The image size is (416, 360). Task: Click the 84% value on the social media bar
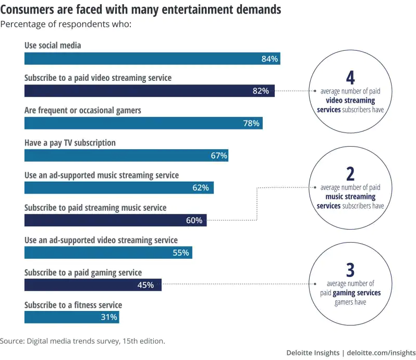point(269,59)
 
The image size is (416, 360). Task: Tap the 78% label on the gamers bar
point(251,123)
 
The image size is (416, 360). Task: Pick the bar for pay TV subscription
point(125,155)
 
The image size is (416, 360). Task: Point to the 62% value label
point(200,188)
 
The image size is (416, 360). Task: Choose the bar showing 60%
point(115,220)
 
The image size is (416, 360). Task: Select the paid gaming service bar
point(92,285)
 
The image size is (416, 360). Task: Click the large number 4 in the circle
point(350,78)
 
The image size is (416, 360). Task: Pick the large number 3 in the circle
point(350,270)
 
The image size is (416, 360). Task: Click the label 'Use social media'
point(53,45)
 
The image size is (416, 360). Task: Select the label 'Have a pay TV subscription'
point(70,142)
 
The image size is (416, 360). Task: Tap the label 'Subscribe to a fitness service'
point(73,305)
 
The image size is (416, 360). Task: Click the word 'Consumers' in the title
point(30,9)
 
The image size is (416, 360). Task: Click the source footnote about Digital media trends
point(82,341)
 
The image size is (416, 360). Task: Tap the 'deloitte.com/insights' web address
point(381,353)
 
